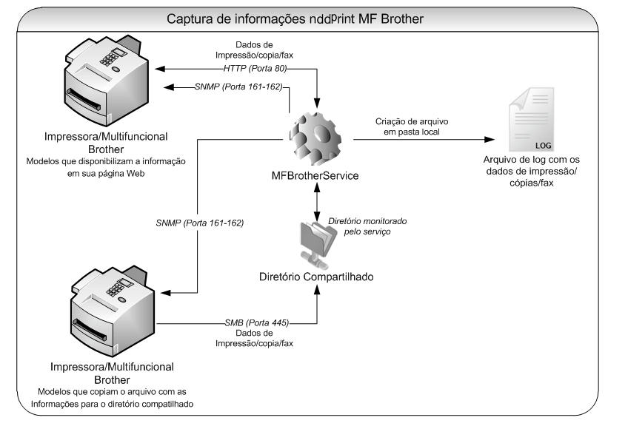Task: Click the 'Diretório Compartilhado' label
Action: pos(316,277)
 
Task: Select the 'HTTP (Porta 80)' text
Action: pos(255,68)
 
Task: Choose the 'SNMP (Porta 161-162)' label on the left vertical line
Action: pos(200,223)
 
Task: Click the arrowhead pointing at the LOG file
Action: pos(491,138)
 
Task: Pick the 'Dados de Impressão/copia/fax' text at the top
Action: pos(255,50)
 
